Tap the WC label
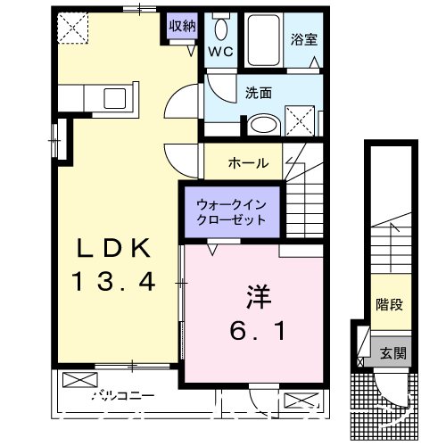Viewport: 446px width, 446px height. (220, 52)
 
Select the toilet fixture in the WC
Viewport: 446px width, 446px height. (220, 24)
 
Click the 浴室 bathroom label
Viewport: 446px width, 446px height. (301, 39)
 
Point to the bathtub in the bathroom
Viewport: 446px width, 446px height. (264, 37)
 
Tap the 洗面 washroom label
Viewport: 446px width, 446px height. (259, 91)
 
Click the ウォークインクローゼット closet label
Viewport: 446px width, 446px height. (231, 212)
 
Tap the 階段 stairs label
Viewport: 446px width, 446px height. (389, 305)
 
